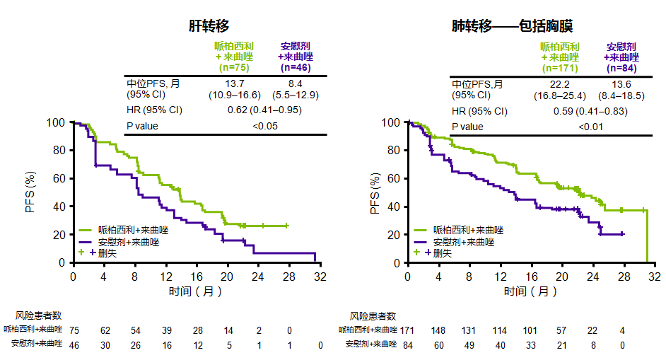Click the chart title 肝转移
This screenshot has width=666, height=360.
pos(209,25)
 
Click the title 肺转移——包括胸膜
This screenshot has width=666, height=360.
pos(513,25)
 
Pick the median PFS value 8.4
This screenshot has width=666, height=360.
pos(296,83)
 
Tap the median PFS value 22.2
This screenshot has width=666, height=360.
pos(559,83)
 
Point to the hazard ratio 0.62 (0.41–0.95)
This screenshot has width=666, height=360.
pos(265,110)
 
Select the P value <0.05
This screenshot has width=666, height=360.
pos(265,126)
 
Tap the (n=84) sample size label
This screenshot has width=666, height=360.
pos(621,68)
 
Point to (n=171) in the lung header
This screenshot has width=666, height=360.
pos(560,68)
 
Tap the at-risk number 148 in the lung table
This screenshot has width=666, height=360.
pos(438,330)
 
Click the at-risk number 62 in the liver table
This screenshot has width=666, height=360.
pos(105,330)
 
